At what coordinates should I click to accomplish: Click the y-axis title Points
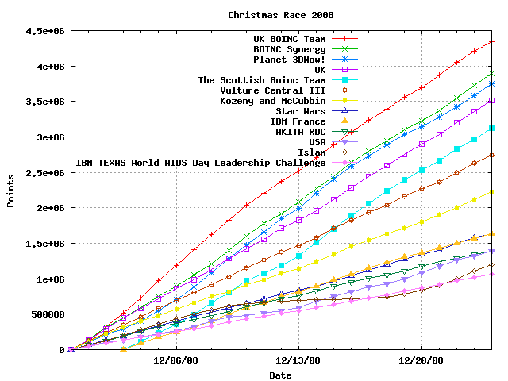(11, 190)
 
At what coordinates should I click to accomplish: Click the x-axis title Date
(280, 375)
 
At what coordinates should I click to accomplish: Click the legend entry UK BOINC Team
(289, 39)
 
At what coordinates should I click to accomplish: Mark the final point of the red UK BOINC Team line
(492, 41)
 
